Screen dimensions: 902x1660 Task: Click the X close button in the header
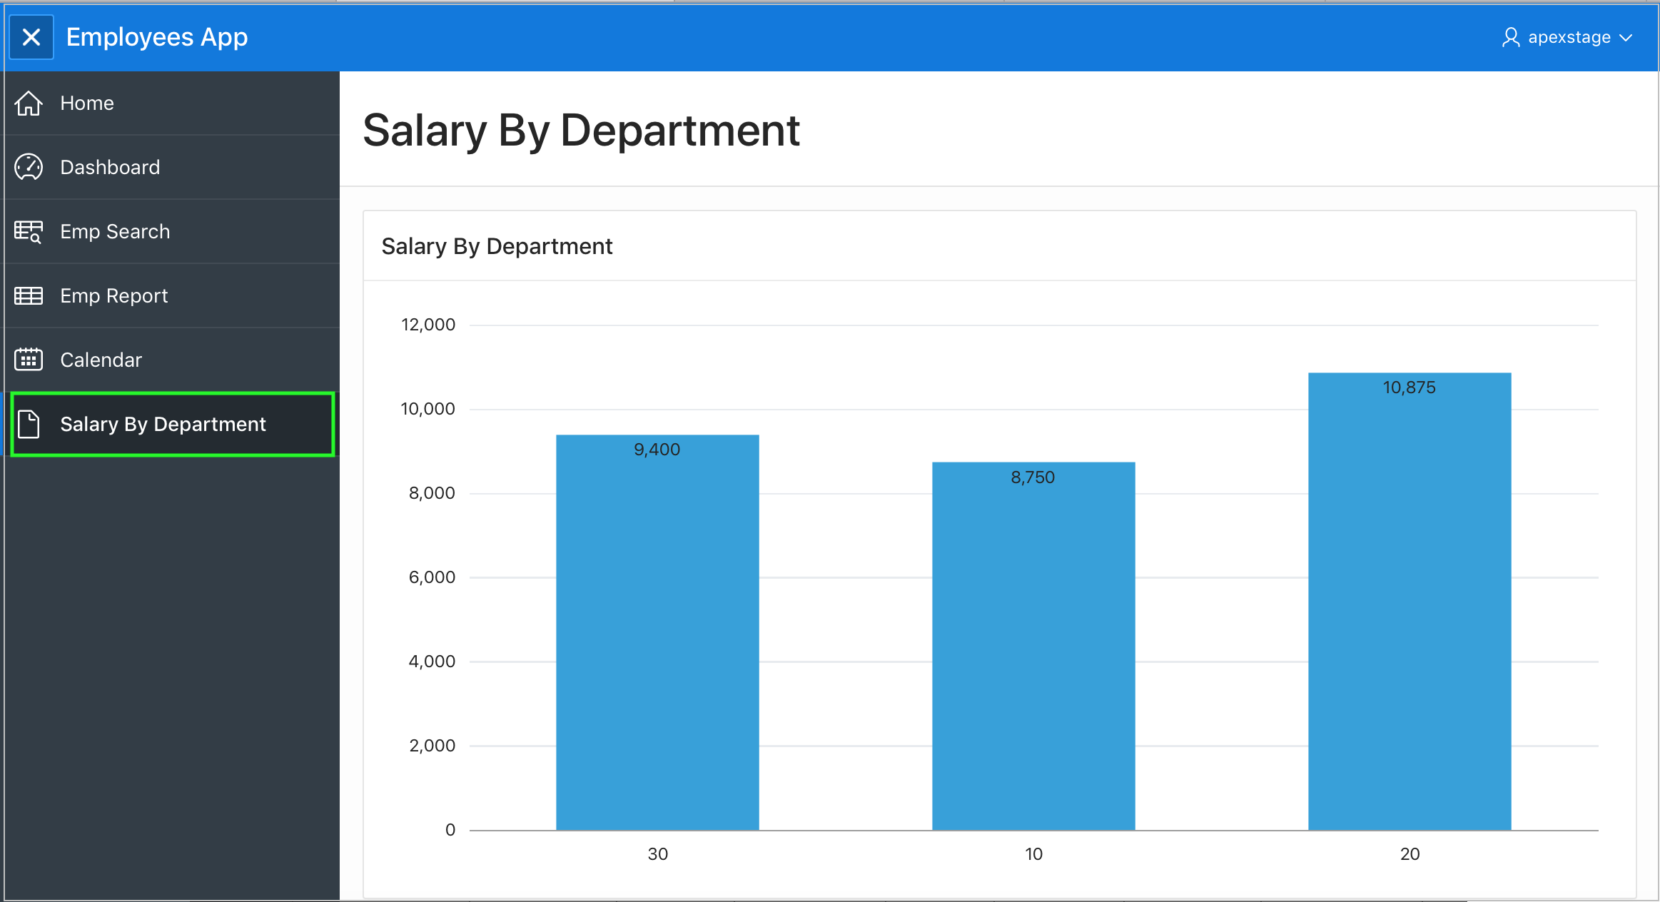point(31,37)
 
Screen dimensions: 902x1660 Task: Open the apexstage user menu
point(1567,37)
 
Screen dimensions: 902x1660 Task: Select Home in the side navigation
point(87,103)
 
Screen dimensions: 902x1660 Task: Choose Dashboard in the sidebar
point(110,168)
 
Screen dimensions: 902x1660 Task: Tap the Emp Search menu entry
point(115,232)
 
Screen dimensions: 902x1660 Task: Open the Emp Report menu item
point(114,296)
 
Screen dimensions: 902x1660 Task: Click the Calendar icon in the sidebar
point(29,360)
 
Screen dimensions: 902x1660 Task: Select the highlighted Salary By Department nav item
point(163,425)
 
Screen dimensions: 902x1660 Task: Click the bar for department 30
point(657,642)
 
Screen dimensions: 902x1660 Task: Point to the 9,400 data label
point(657,450)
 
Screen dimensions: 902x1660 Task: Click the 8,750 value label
point(1033,477)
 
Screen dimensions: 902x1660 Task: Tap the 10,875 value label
point(1410,387)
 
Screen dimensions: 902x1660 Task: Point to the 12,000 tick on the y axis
point(428,325)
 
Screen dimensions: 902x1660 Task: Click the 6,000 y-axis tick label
point(432,577)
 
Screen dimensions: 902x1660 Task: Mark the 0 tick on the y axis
point(450,830)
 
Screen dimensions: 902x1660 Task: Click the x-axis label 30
point(657,854)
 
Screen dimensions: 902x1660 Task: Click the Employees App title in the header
point(157,37)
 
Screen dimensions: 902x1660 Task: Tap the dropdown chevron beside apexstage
point(1626,38)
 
